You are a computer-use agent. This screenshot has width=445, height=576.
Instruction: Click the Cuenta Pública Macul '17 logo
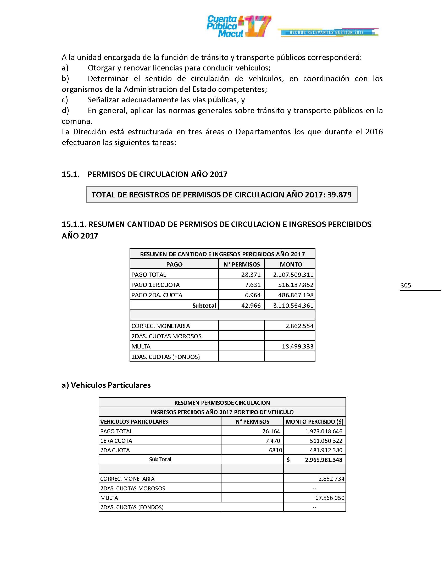pos(238,26)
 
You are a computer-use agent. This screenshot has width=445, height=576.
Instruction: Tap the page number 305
pos(405,285)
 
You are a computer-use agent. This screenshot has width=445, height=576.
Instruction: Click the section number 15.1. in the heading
pos(71,174)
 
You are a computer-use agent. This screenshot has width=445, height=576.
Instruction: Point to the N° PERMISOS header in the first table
pos(242,264)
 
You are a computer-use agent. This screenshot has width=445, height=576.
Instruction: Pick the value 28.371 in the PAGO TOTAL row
pos(251,275)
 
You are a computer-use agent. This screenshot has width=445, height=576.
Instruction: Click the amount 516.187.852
pos(296,285)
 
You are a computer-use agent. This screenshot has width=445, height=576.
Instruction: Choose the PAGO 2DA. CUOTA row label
pos(157,295)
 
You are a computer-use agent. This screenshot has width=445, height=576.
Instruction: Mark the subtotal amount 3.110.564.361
pos(293,305)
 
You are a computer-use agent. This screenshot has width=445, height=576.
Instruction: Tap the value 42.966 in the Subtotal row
pos(251,305)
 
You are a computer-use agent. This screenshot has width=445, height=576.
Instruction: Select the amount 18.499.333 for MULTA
pos(297,346)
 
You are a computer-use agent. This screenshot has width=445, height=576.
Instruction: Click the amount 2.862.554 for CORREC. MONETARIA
pos(299,326)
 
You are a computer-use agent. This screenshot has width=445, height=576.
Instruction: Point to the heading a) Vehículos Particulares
pos(106,385)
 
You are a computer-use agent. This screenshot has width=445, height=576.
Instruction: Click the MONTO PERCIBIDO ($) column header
pos(314,422)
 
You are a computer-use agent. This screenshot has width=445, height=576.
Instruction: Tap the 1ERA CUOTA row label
pos(116,441)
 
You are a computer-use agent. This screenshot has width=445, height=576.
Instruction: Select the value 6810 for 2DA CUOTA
pos(275,450)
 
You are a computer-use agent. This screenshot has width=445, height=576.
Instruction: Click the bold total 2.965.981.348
pos(324,460)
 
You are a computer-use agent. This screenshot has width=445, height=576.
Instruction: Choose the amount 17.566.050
pos(330,498)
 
